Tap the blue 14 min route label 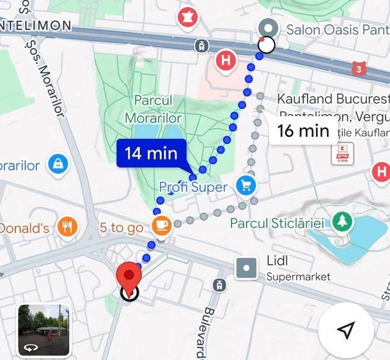[x=151, y=153]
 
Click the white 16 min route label [x=303, y=131]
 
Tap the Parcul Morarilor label [x=153, y=109]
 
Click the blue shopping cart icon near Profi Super [x=246, y=186]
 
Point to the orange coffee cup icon [x=161, y=225]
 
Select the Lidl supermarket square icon [x=247, y=268]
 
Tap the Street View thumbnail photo [x=44, y=330]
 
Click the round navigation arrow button [x=346, y=330]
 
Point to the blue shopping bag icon [x=58, y=164]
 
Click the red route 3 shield [x=361, y=68]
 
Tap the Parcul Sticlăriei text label [x=277, y=223]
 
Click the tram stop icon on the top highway [x=202, y=45]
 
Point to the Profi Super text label [x=193, y=187]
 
